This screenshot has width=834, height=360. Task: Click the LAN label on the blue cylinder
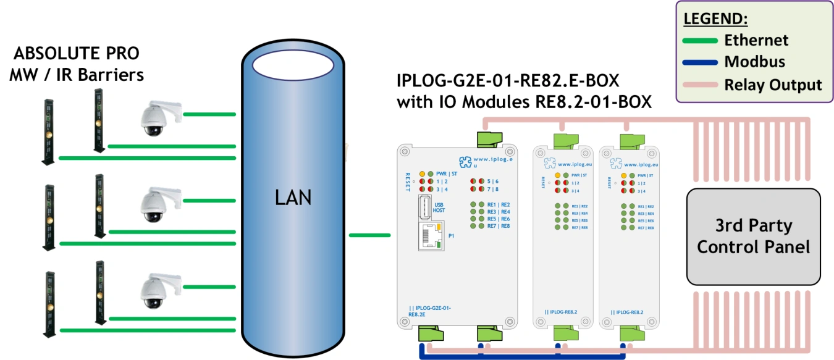(293, 198)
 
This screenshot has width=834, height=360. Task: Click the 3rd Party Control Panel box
(753, 237)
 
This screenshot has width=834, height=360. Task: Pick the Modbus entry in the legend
(754, 62)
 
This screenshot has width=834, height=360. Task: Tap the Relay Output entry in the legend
(772, 85)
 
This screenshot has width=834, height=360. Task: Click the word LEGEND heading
(716, 19)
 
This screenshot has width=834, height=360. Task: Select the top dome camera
(154, 117)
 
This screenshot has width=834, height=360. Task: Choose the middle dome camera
(154, 204)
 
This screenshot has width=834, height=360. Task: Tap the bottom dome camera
(154, 290)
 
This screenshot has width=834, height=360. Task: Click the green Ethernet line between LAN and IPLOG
(369, 235)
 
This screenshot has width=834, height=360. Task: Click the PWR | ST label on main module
(447, 174)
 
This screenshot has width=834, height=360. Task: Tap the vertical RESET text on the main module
(408, 182)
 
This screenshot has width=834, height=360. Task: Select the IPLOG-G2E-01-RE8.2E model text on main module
(430, 311)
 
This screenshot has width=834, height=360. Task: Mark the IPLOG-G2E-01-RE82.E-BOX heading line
(507, 82)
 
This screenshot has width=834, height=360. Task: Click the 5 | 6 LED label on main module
(492, 182)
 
